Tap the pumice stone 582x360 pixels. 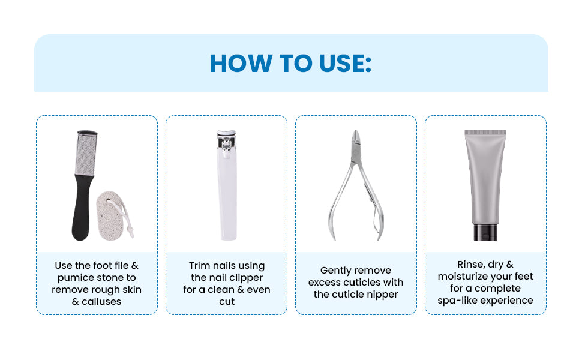click(110, 215)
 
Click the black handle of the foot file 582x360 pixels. click(82, 208)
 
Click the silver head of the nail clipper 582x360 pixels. click(226, 143)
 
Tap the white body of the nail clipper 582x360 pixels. click(227, 197)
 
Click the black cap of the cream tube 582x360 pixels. click(485, 233)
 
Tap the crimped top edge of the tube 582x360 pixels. click(485, 133)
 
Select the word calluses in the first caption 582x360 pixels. click(101, 301)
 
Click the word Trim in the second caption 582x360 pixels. click(199, 266)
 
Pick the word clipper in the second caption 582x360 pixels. click(247, 278)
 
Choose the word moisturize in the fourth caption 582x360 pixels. click(463, 277)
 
